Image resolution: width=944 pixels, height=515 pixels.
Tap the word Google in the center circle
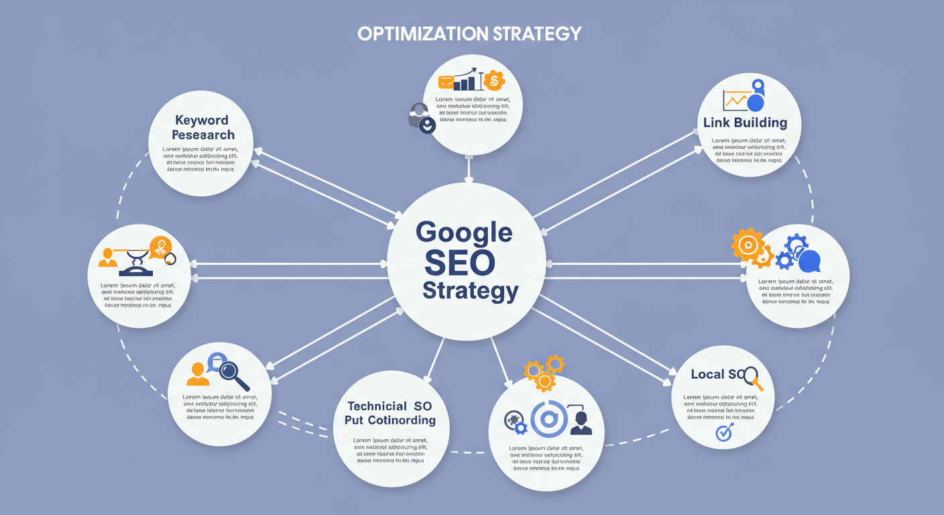point(464,233)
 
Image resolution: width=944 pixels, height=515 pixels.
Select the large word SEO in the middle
point(459,262)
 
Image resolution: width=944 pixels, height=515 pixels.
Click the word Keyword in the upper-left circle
point(202,120)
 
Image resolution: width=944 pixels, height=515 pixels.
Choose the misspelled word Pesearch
point(202,135)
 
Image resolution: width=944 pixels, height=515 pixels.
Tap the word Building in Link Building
point(760,123)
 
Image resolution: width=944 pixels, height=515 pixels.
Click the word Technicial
point(376,406)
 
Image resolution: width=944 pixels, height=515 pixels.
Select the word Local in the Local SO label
point(707,374)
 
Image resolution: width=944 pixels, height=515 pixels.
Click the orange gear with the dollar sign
point(493,81)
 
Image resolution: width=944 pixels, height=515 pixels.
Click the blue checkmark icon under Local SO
point(724,433)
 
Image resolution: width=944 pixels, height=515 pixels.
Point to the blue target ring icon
point(548,419)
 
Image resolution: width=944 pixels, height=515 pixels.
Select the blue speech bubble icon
point(809,260)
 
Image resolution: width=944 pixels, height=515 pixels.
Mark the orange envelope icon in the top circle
point(446,82)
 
